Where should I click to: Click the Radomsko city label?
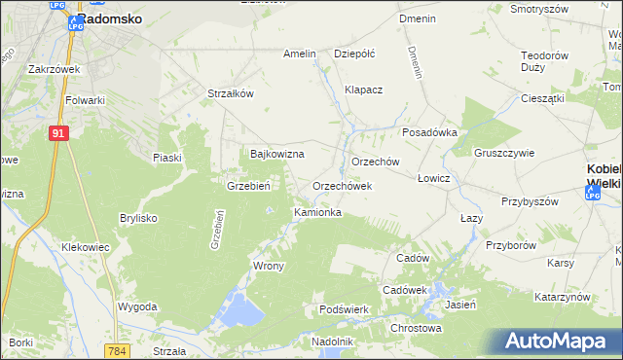pyautogui.click(x=109, y=18)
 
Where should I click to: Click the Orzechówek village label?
pyautogui.click(x=342, y=185)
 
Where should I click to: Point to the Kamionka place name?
pyautogui.click(x=317, y=211)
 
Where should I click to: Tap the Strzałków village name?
pyautogui.click(x=231, y=93)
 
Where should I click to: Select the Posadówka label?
pyautogui.click(x=429, y=133)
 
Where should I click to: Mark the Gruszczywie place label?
pyautogui.click(x=504, y=153)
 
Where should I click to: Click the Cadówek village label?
pyautogui.click(x=405, y=290)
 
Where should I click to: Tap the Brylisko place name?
pyautogui.click(x=138, y=218)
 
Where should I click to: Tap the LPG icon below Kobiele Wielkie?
pyautogui.click(x=593, y=195)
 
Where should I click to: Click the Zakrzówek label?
pyautogui.click(x=54, y=70)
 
